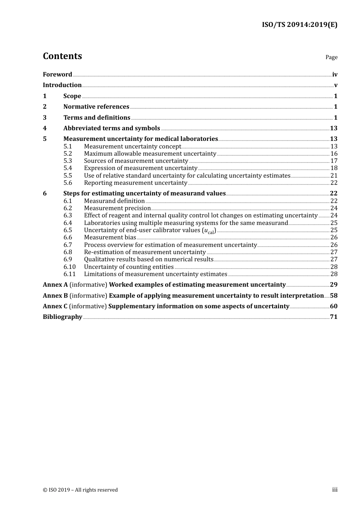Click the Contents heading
62,56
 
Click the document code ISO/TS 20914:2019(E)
299,25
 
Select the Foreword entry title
57,74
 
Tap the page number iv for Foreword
335,75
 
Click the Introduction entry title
62,85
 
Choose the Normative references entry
96,107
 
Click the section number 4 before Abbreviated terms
45,128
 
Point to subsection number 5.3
67,161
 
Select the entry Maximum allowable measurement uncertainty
150,154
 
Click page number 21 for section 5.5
334,176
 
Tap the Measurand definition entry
114,201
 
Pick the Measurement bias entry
110,237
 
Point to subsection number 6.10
69,267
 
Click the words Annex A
55,285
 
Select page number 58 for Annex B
333,296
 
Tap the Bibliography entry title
63,317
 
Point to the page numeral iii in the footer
335,490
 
